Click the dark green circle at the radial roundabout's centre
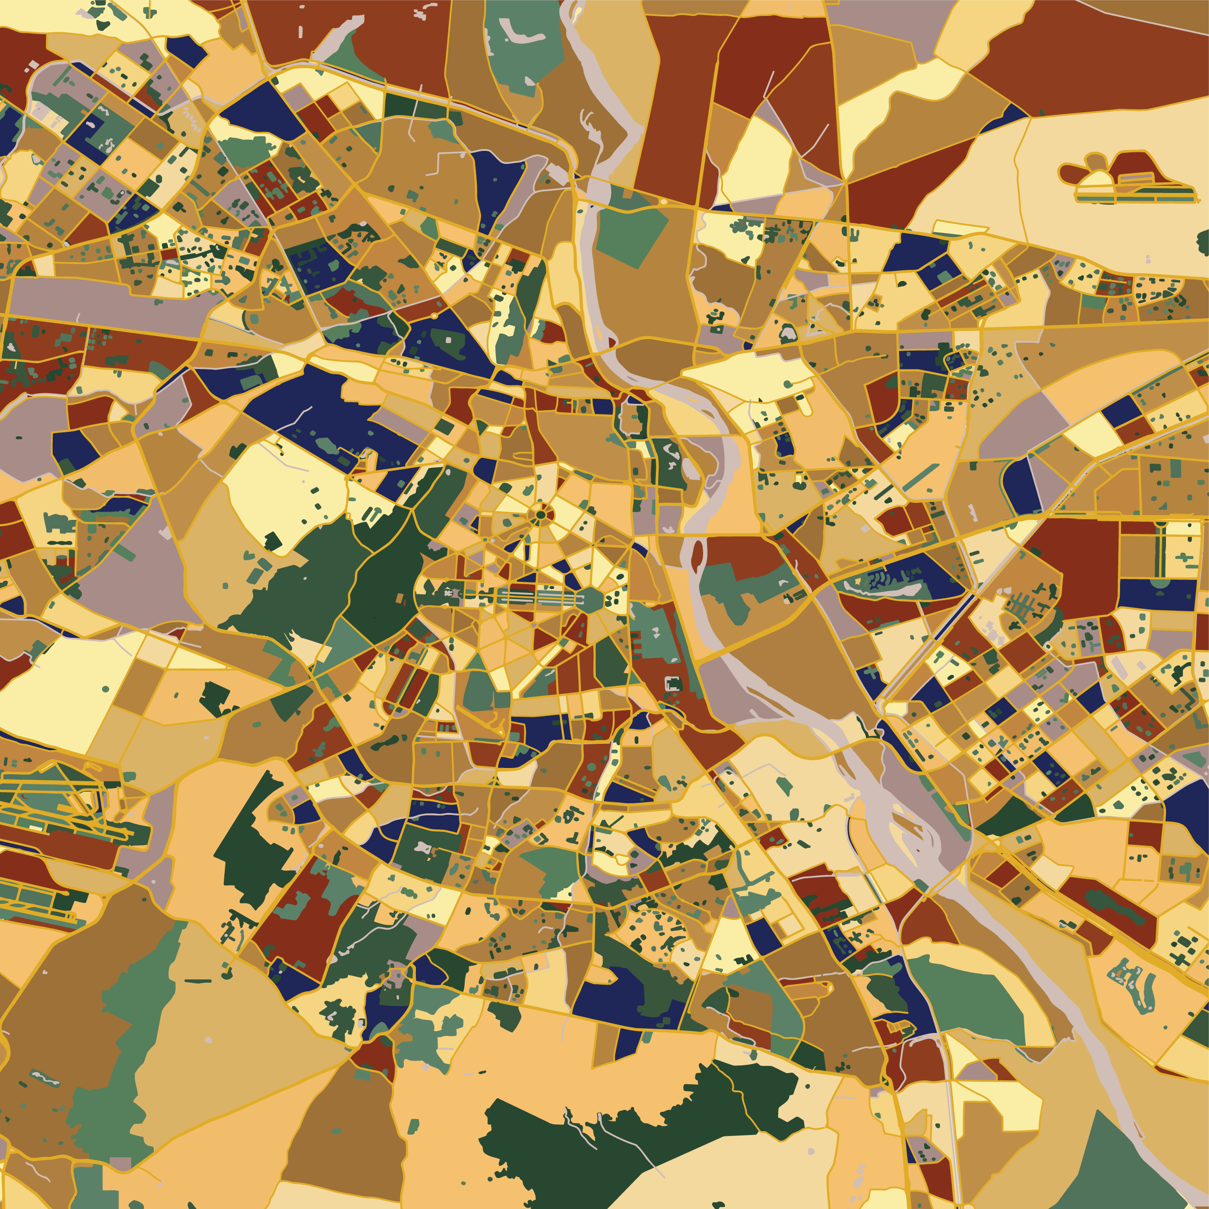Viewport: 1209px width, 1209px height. click(x=540, y=515)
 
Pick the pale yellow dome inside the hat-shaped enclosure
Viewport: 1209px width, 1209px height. click(x=1096, y=178)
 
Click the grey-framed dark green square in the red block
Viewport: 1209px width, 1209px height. click(x=673, y=683)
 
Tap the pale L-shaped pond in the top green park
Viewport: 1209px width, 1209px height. click(x=517, y=32)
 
